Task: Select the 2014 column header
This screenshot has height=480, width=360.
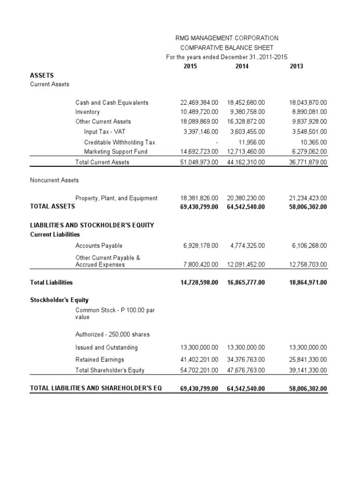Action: (242, 66)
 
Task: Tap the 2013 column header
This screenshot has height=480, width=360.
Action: (296, 66)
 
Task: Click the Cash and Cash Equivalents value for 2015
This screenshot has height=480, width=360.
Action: (199, 102)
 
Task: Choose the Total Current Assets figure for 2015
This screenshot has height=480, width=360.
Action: (199, 162)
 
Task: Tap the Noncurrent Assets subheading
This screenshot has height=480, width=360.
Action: (54, 180)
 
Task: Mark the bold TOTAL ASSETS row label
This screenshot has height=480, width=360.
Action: (52, 206)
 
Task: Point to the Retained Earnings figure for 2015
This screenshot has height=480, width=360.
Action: (199, 360)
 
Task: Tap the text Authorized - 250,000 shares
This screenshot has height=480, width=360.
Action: (112, 335)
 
